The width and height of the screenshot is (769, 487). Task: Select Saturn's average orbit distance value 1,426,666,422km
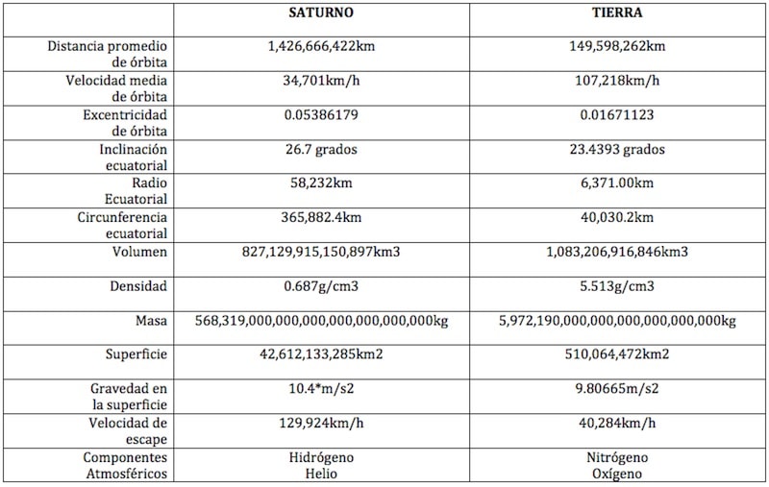tap(322, 45)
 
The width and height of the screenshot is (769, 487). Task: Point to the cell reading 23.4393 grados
tap(619, 150)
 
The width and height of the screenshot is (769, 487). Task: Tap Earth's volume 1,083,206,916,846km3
tap(619, 253)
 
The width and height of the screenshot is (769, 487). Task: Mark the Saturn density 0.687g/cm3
tap(322, 286)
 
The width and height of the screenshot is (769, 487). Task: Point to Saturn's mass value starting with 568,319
tap(322, 320)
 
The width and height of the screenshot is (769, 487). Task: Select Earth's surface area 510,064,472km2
tap(619, 354)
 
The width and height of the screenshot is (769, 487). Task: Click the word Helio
tap(322, 474)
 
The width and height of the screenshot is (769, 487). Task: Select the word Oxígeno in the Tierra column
tap(619, 474)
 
